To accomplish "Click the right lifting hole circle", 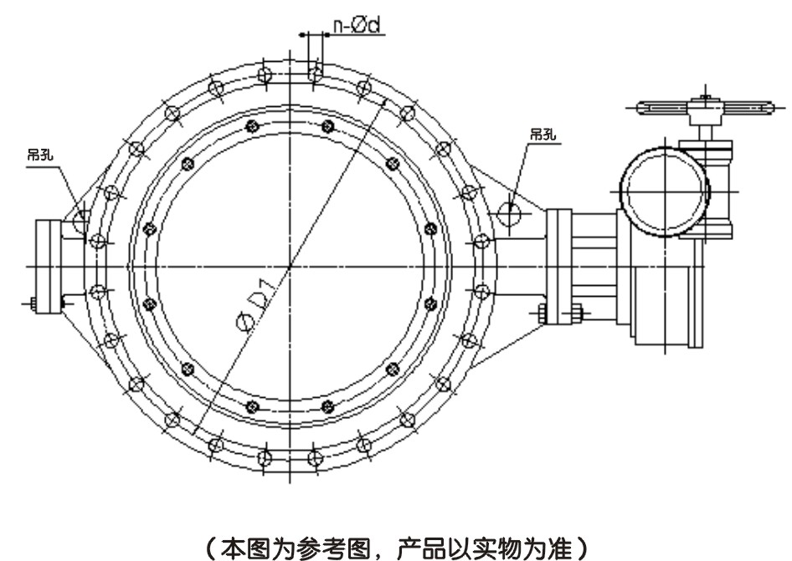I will coord(510,212).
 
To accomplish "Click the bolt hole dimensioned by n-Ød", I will coord(315,74).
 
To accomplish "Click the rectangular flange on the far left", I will coord(49,265).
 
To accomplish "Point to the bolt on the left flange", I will coord(31,304).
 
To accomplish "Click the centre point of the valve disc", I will coord(289,266).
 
